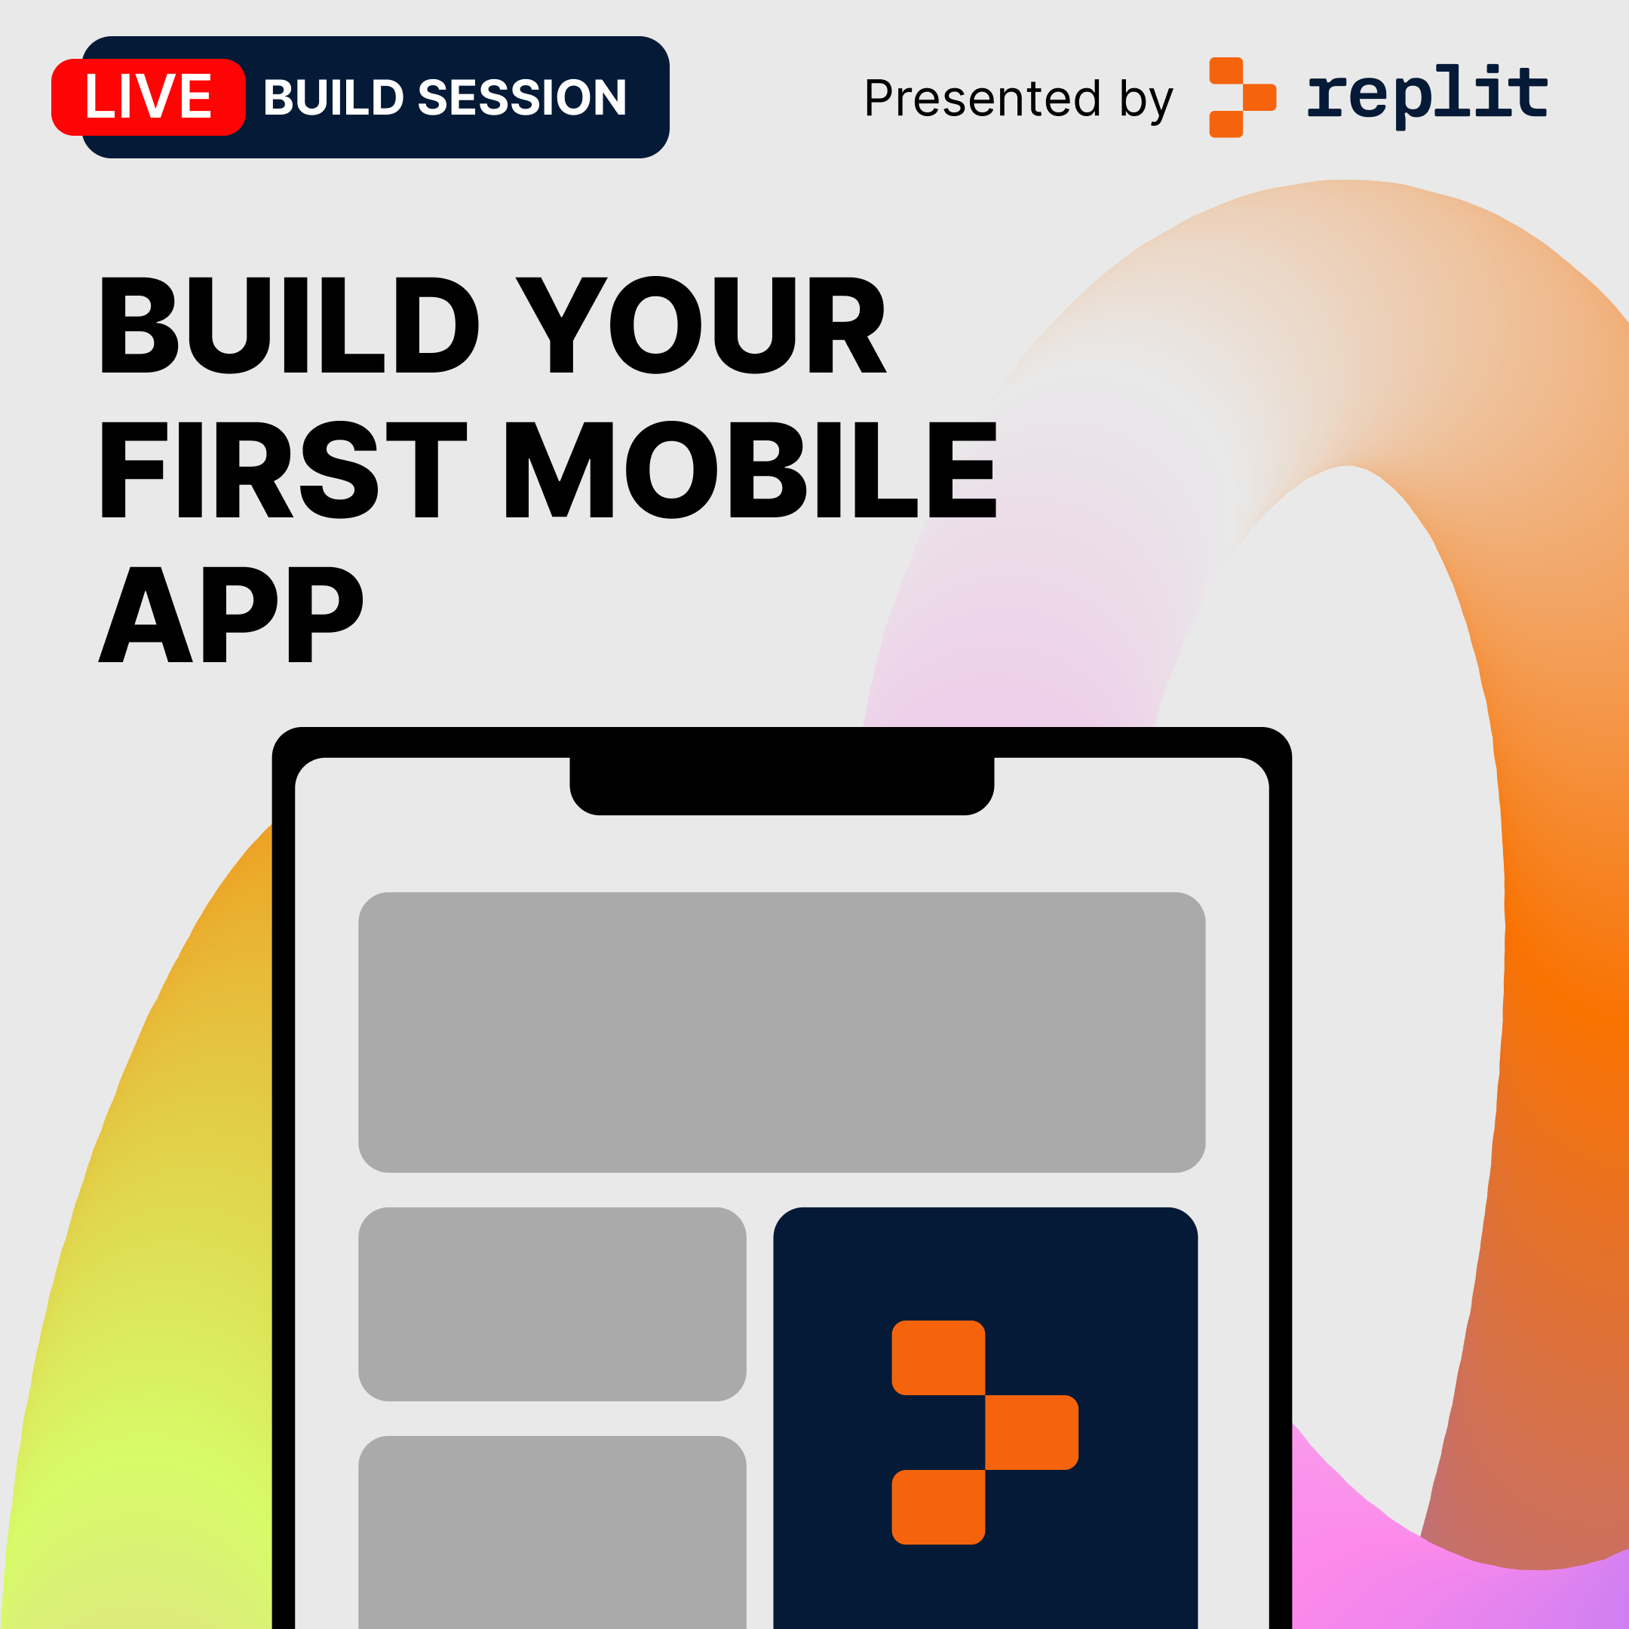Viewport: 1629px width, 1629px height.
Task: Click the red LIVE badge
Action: pos(149,97)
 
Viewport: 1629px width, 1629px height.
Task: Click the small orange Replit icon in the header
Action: pos(1243,97)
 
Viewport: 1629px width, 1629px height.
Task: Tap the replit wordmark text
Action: pos(1428,95)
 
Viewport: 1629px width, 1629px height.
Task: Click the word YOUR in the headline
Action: pos(701,324)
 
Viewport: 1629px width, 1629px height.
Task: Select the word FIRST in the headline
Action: pos(284,469)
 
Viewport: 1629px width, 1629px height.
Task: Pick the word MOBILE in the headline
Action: pos(751,469)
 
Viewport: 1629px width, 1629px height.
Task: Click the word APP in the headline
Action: pos(231,613)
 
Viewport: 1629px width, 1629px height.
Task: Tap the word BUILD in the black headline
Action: pos(290,324)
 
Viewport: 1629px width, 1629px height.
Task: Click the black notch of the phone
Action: pos(781,784)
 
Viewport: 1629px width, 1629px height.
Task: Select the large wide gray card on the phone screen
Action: pos(781,1032)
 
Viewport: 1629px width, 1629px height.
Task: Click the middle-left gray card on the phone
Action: pos(552,1305)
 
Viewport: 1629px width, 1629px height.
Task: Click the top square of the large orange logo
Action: pos(938,1357)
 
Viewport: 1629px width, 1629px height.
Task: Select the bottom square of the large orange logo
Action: pos(938,1508)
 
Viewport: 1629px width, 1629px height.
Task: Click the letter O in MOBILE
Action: pos(671,469)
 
